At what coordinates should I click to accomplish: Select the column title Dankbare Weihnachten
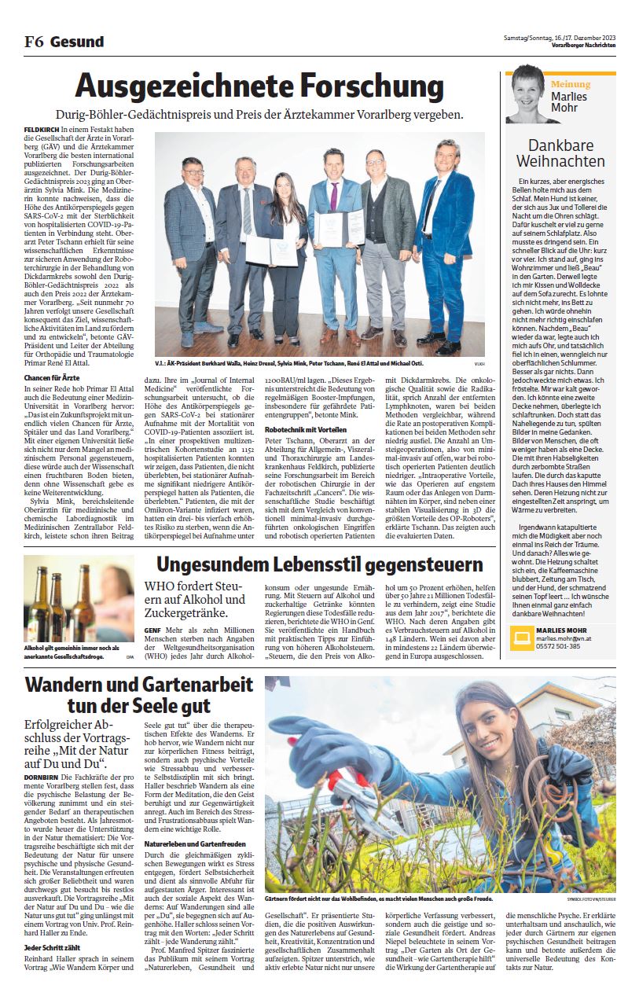click(556, 153)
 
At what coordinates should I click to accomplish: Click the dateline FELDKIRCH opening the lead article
click(39, 127)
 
